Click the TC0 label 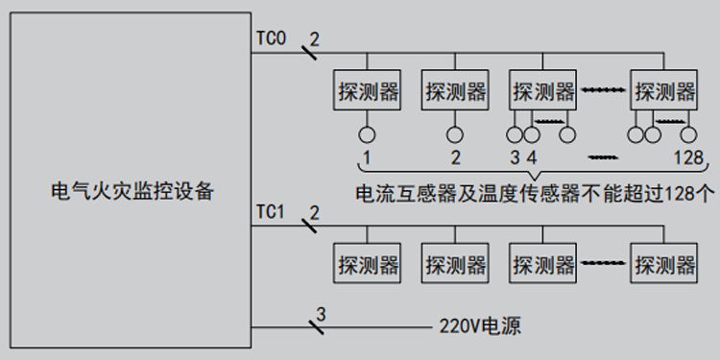click(x=271, y=39)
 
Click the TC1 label click(x=271, y=211)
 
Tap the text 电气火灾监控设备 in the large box click(x=132, y=191)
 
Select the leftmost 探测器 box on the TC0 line click(x=367, y=92)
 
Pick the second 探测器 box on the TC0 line click(x=455, y=92)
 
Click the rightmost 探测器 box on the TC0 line click(x=663, y=92)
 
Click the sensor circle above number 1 click(x=367, y=134)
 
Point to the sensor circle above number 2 click(x=455, y=134)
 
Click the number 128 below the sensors click(x=687, y=157)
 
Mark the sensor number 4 click(x=531, y=157)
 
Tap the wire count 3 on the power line click(x=321, y=313)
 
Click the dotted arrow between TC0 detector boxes click(x=603, y=91)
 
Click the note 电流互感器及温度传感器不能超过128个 click(x=535, y=193)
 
